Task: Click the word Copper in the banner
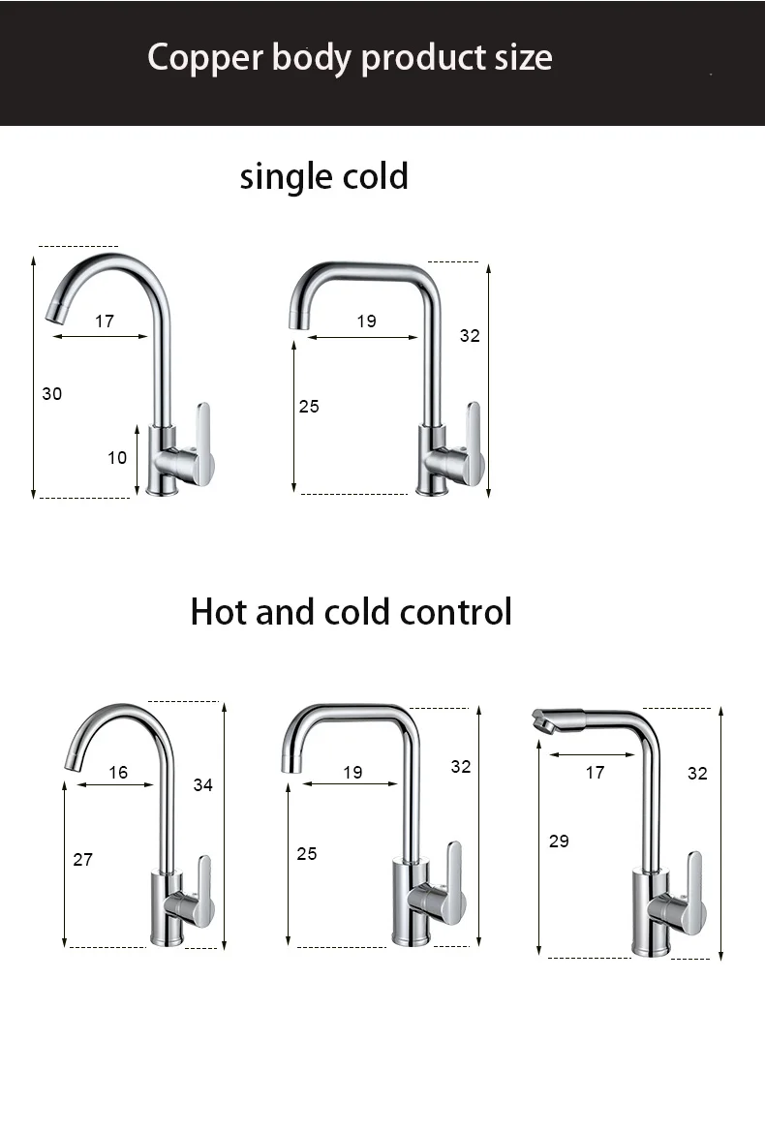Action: tap(204, 58)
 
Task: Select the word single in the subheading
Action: tap(286, 177)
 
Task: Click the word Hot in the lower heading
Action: tap(219, 612)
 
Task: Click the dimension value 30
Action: tap(52, 393)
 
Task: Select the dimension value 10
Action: tap(117, 457)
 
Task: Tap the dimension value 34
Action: tap(202, 785)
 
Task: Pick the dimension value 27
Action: tap(83, 859)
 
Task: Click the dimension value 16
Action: tap(118, 773)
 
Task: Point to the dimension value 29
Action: tap(559, 841)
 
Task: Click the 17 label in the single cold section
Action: tap(105, 321)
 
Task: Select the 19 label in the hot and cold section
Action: tap(352, 773)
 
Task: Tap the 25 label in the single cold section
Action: tap(309, 407)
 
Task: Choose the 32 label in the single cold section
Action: tap(470, 336)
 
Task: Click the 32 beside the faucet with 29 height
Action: tap(697, 773)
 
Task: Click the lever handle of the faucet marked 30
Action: tap(203, 441)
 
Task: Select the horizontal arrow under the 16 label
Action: tap(114, 785)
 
